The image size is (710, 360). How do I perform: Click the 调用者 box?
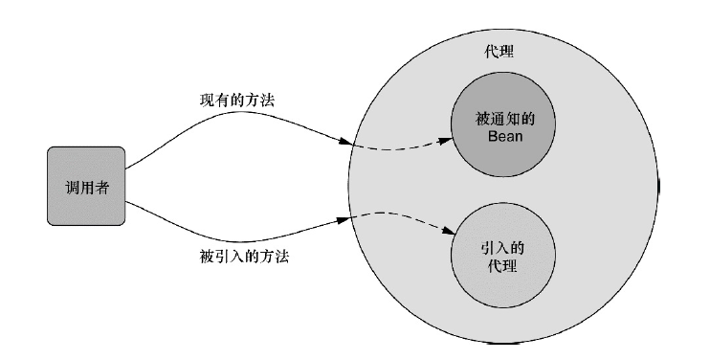85,188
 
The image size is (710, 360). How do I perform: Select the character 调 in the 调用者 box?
69,188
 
